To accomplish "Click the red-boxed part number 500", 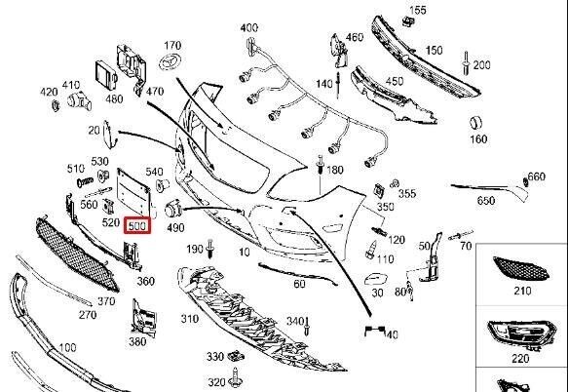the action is [x=137, y=225].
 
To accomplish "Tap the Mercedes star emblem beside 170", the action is [x=170, y=62].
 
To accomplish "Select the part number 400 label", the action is [x=249, y=27].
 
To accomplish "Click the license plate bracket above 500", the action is [x=134, y=193].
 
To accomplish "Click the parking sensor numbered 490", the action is [x=172, y=210].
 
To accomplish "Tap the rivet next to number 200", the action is [x=467, y=63].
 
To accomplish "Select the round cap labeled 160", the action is [x=476, y=123].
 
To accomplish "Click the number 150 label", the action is [x=434, y=50].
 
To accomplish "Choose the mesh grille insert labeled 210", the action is [x=521, y=267].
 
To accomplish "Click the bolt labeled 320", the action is [x=236, y=377].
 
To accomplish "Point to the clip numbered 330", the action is [x=236, y=357].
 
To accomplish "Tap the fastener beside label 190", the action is [x=210, y=249].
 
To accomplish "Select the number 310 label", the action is [x=190, y=319].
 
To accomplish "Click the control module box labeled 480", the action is [x=106, y=77].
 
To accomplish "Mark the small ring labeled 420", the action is [x=56, y=105].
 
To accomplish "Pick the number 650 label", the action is [x=486, y=201].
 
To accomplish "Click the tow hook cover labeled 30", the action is [x=376, y=279].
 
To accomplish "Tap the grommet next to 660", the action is [x=525, y=181].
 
